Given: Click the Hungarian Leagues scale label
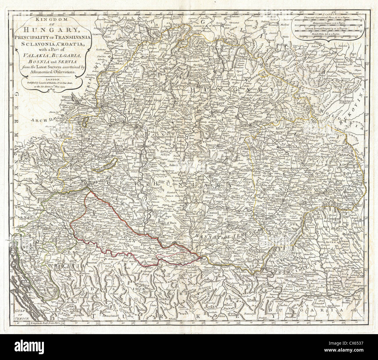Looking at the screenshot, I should tap(328, 24).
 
